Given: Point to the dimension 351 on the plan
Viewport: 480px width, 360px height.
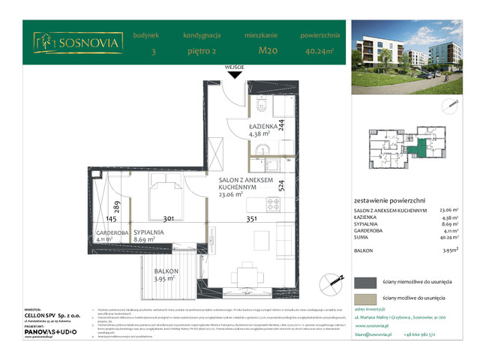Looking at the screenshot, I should (251, 220).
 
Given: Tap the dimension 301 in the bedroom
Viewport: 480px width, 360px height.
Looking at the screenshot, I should (169, 220).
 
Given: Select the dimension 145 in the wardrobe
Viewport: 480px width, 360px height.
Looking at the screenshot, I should (110, 220).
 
